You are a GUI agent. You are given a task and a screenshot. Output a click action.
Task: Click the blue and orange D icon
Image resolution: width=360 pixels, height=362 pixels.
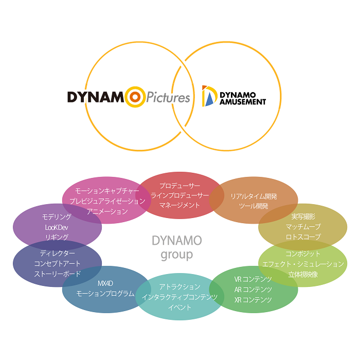tap(208, 96)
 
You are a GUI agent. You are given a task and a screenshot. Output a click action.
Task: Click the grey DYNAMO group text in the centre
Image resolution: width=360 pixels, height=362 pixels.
tap(176, 247)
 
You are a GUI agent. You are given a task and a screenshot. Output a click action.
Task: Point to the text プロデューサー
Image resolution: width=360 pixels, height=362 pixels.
tap(179, 185)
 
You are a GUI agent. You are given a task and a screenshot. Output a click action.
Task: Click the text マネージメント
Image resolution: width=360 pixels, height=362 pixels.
tap(179, 205)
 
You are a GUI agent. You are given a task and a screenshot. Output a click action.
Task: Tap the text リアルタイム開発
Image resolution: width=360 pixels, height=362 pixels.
tap(254, 196)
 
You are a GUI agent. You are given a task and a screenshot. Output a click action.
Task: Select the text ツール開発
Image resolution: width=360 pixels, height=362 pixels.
tap(254, 206)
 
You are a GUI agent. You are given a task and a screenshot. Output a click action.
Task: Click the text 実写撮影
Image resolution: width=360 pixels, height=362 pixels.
tap(303, 216)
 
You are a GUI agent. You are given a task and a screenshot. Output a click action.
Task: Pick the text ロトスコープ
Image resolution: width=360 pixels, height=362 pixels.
tap(303, 237)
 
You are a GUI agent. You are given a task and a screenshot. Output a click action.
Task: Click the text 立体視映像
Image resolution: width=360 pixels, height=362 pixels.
tap(303, 274)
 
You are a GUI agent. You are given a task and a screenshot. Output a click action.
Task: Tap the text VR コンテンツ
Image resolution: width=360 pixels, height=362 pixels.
tap(253, 280)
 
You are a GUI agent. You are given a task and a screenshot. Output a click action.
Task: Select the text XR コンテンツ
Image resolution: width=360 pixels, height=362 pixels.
tap(253, 300)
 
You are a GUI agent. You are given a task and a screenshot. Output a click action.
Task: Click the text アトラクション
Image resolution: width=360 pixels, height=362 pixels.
tap(179, 286)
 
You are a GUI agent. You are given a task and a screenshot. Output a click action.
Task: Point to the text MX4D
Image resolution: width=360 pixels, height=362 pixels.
tap(105, 283)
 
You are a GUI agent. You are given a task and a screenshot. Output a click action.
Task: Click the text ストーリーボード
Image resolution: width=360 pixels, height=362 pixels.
tap(58, 274)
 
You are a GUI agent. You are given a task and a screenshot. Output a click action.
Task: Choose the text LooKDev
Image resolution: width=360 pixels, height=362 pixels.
tap(57, 227)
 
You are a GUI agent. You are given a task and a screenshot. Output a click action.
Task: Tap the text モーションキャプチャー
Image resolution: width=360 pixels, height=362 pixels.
tap(107, 191)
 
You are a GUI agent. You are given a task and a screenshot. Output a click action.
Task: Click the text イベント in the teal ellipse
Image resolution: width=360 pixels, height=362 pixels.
tap(179, 307)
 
